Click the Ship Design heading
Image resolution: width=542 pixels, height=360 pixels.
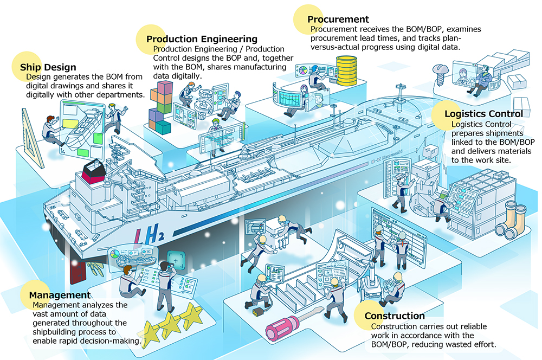tap(48, 67)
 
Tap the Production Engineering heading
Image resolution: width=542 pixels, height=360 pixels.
tap(202, 38)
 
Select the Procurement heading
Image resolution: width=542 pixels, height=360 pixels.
tap(338, 19)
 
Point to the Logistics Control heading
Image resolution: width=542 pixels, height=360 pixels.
tap(483, 113)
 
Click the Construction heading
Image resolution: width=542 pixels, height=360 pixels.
tap(395, 316)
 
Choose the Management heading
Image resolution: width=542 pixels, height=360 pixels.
tap(60, 295)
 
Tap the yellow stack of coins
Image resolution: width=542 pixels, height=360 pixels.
tap(346, 70)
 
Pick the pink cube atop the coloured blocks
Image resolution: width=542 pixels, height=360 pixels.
tap(165, 88)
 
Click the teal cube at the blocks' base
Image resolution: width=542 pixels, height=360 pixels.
tap(163, 127)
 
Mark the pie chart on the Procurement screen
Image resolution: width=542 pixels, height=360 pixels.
tap(302, 70)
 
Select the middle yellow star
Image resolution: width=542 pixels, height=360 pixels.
tap(170, 325)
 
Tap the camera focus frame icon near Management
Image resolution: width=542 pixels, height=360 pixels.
tap(176, 260)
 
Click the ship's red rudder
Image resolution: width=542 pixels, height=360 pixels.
tap(78, 272)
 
